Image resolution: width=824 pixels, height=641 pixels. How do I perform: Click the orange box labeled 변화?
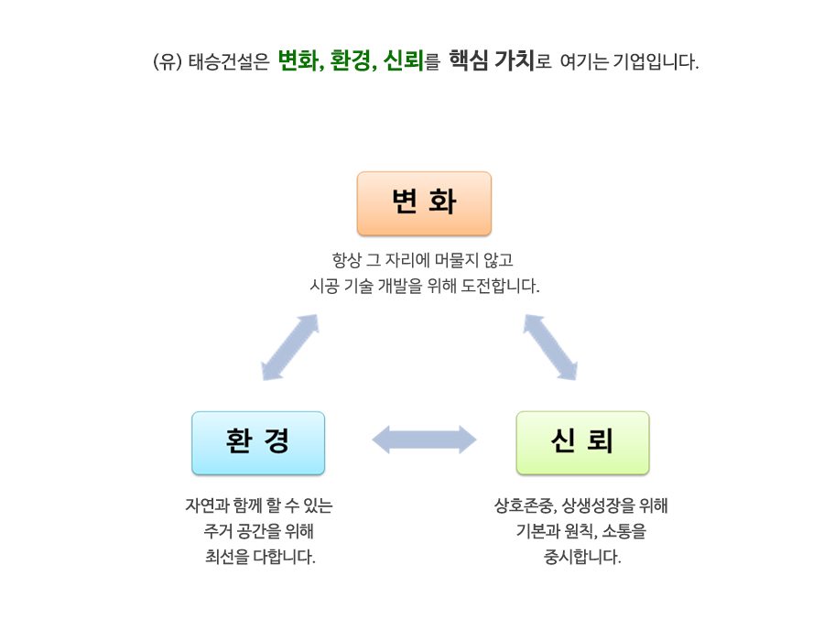pos(424,203)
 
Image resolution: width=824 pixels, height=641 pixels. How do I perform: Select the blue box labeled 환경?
pos(258,443)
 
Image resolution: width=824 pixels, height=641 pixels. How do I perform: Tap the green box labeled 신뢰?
pos(583,443)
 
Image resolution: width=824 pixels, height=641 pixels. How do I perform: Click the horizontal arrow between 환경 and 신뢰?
pos(424,440)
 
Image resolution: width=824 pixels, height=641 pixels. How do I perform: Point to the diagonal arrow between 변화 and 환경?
pos(290,347)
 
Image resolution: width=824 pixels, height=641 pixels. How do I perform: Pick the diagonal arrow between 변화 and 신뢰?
pos(550,347)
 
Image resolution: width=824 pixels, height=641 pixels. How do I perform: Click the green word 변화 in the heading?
pos(298,61)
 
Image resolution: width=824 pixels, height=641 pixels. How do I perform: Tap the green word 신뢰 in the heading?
pos(404,61)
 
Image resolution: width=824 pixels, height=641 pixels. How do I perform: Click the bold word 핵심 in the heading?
pos(469,60)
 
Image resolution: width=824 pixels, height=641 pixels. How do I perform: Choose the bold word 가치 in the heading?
pos(515,60)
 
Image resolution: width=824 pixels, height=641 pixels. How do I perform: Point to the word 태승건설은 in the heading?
pos(229,62)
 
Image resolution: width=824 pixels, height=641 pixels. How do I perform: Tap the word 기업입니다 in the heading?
pos(656,62)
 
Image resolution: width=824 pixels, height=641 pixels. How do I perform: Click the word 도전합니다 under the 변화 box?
pos(500,286)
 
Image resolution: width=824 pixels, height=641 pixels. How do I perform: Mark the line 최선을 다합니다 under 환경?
pos(260,557)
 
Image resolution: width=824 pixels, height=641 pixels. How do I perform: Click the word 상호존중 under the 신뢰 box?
pos(525,505)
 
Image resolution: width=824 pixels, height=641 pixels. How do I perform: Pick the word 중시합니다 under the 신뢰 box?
pos(582,557)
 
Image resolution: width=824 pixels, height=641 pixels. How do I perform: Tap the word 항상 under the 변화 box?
pos(347,259)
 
